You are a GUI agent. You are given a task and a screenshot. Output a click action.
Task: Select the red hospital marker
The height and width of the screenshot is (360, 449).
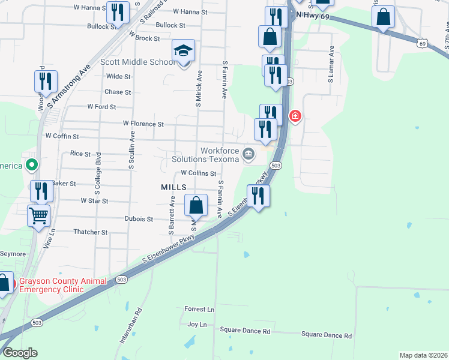pyautogui.click(x=295, y=116)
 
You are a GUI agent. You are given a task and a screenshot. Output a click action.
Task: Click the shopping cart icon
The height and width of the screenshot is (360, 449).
pyautogui.click(x=39, y=215)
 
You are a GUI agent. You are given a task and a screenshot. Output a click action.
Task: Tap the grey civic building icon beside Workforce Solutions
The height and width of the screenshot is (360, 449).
pyautogui.click(x=247, y=155)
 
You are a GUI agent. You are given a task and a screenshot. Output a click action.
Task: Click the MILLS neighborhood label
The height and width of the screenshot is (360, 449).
pyautogui.click(x=173, y=187)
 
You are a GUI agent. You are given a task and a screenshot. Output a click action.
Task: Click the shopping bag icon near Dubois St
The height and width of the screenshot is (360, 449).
pyautogui.click(x=196, y=206)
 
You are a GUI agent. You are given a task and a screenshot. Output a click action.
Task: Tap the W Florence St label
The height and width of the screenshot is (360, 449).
pyautogui.click(x=143, y=124)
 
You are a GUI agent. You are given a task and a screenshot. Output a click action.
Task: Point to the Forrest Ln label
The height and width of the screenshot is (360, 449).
pyautogui.click(x=199, y=309)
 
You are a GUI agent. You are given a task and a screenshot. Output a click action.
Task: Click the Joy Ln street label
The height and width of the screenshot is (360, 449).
pyautogui.click(x=197, y=324)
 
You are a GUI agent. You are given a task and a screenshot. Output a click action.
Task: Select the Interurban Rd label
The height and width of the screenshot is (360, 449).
pyautogui.click(x=130, y=325)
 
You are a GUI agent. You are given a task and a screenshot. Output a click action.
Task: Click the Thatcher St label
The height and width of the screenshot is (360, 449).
pyautogui.click(x=90, y=232)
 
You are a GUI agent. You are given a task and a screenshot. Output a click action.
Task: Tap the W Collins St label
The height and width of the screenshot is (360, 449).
pyautogui.click(x=198, y=173)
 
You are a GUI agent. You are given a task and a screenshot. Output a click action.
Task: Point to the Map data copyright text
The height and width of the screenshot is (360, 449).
pyautogui.click(x=423, y=355)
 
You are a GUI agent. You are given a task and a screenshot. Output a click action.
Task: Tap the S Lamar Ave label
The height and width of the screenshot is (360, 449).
pyautogui.click(x=331, y=64)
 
